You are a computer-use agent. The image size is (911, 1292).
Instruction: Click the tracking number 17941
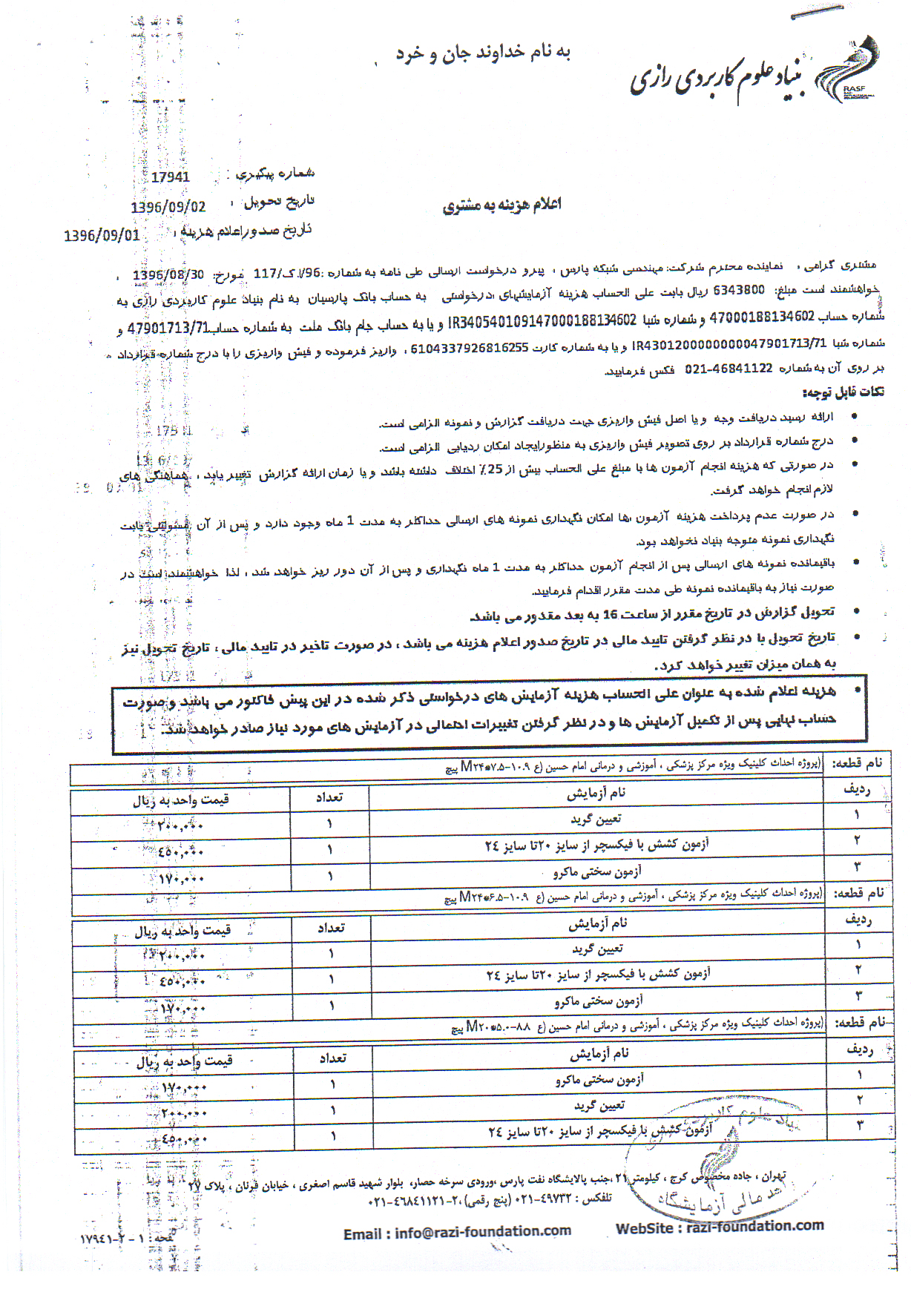point(170,177)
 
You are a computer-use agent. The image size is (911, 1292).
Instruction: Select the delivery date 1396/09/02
point(168,207)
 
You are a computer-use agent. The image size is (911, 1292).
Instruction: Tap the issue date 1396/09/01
point(102,236)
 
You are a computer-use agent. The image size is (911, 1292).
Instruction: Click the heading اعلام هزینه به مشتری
point(501,205)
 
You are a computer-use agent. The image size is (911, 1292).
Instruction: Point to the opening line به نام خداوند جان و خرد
point(483,53)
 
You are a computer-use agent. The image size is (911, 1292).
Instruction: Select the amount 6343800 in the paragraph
point(738,290)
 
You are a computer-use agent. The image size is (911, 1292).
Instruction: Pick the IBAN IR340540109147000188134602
point(542,320)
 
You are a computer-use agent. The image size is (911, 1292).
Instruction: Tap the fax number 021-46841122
point(729,368)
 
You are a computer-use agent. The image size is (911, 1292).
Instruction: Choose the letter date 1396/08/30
point(168,275)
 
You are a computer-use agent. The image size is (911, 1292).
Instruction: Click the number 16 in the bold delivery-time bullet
point(610,614)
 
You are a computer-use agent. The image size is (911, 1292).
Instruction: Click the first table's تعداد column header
point(329,797)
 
